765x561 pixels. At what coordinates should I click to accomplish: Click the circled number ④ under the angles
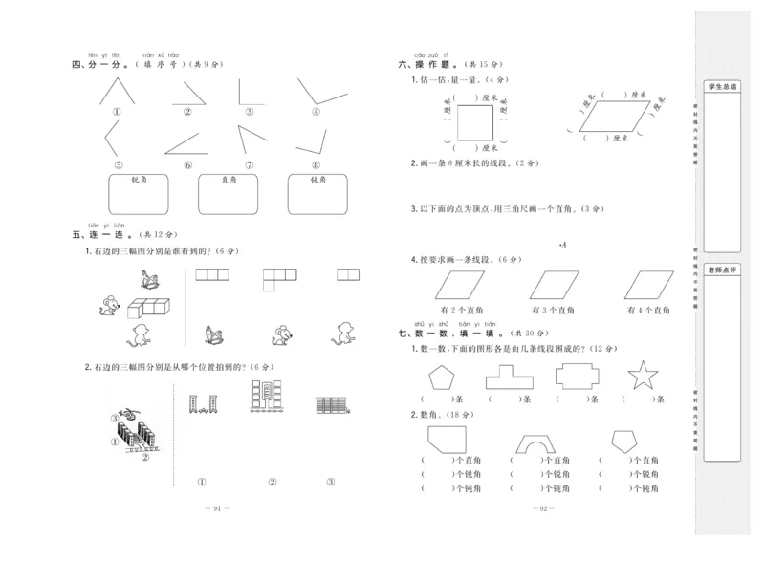[x=315, y=111]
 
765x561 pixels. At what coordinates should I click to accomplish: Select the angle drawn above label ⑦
[x=253, y=140]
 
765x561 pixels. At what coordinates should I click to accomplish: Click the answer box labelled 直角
[x=228, y=194]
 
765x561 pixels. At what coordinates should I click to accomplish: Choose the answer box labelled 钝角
[x=318, y=194]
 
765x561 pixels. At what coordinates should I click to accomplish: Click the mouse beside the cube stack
[x=110, y=306]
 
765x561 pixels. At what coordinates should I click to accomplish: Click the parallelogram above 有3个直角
[x=555, y=284]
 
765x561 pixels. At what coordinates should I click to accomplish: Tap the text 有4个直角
[x=650, y=311]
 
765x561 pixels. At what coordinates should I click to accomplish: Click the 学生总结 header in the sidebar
[x=728, y=87]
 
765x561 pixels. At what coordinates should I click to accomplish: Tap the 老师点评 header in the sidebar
[x=728, y=270]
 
